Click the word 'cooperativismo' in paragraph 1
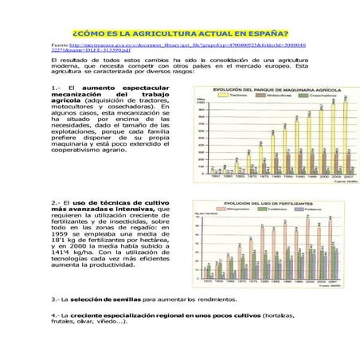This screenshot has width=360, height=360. tap(78, 170)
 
